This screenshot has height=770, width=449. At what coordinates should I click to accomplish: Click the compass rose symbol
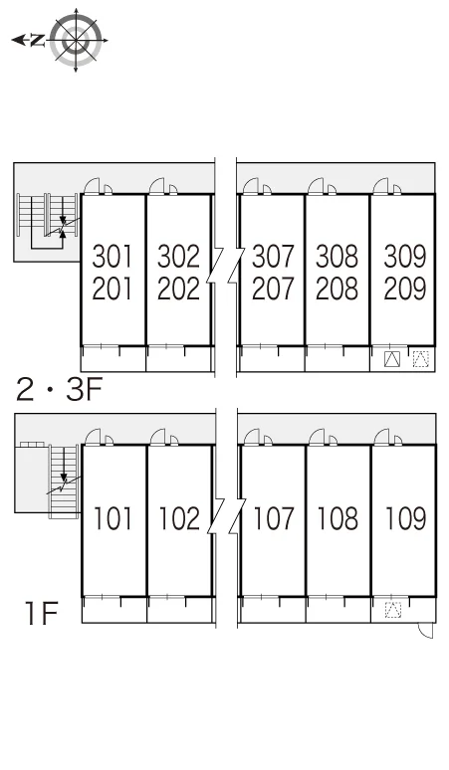76,40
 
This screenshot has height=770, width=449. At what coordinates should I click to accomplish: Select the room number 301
112,257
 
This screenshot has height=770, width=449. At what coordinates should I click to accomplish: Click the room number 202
178,289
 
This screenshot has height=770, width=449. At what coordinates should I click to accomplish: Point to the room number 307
273,257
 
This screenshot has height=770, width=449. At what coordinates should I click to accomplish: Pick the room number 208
337,289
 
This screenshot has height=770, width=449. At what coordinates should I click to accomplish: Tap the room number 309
405,257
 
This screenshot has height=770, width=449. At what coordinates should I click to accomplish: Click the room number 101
112,518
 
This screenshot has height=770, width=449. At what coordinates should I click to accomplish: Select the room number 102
179,518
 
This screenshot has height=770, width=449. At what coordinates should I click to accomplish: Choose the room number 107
274,518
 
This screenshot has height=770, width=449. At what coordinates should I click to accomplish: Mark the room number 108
337,518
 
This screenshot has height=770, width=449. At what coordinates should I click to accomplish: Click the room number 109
405,518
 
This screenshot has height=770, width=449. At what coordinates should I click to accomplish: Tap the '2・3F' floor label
59,389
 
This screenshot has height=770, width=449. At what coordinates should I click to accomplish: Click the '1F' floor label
42,613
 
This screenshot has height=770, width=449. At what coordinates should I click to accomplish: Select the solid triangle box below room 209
391,359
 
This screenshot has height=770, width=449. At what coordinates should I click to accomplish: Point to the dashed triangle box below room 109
393,610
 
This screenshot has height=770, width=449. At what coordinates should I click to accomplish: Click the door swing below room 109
426,631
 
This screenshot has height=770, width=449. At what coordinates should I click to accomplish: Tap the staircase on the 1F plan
64,481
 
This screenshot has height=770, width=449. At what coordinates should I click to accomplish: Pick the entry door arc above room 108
317,436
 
